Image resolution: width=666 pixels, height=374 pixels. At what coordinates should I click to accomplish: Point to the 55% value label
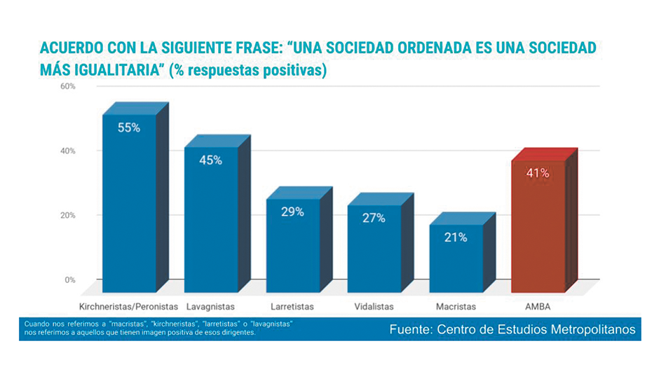tap(129, 128)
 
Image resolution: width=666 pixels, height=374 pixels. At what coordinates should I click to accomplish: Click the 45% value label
tap(210, 160)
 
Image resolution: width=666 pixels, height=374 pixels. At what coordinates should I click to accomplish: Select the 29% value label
tap(292, 212)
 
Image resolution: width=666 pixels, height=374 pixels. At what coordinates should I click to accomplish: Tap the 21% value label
tap(456, 237)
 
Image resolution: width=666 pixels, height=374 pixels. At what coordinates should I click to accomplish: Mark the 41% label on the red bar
tap(538, 173)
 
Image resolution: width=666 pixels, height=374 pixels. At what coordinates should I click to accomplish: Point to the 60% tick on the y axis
tap(68, 86)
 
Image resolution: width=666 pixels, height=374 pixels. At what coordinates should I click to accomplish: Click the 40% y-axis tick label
tap(68, 151)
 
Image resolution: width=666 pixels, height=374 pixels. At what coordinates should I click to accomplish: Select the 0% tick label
tap(70, 280)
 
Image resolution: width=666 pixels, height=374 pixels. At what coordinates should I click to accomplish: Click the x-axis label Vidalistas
tap(374, 307)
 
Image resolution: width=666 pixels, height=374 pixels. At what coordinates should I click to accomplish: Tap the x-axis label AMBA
tap(538, 307)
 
